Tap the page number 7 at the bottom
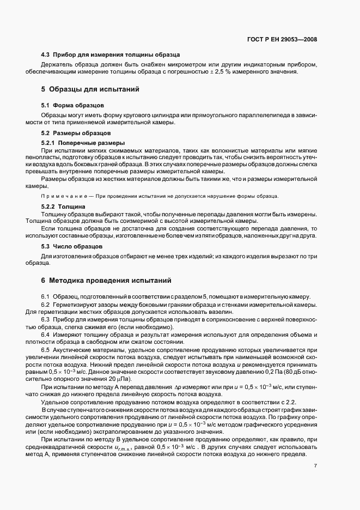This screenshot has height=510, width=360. [315, 466]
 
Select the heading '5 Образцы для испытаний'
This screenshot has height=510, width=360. [91, 89]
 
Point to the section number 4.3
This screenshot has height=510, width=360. [46, 54]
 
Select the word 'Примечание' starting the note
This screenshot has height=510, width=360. [62, 196]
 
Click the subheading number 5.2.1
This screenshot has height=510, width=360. [49, 142]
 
